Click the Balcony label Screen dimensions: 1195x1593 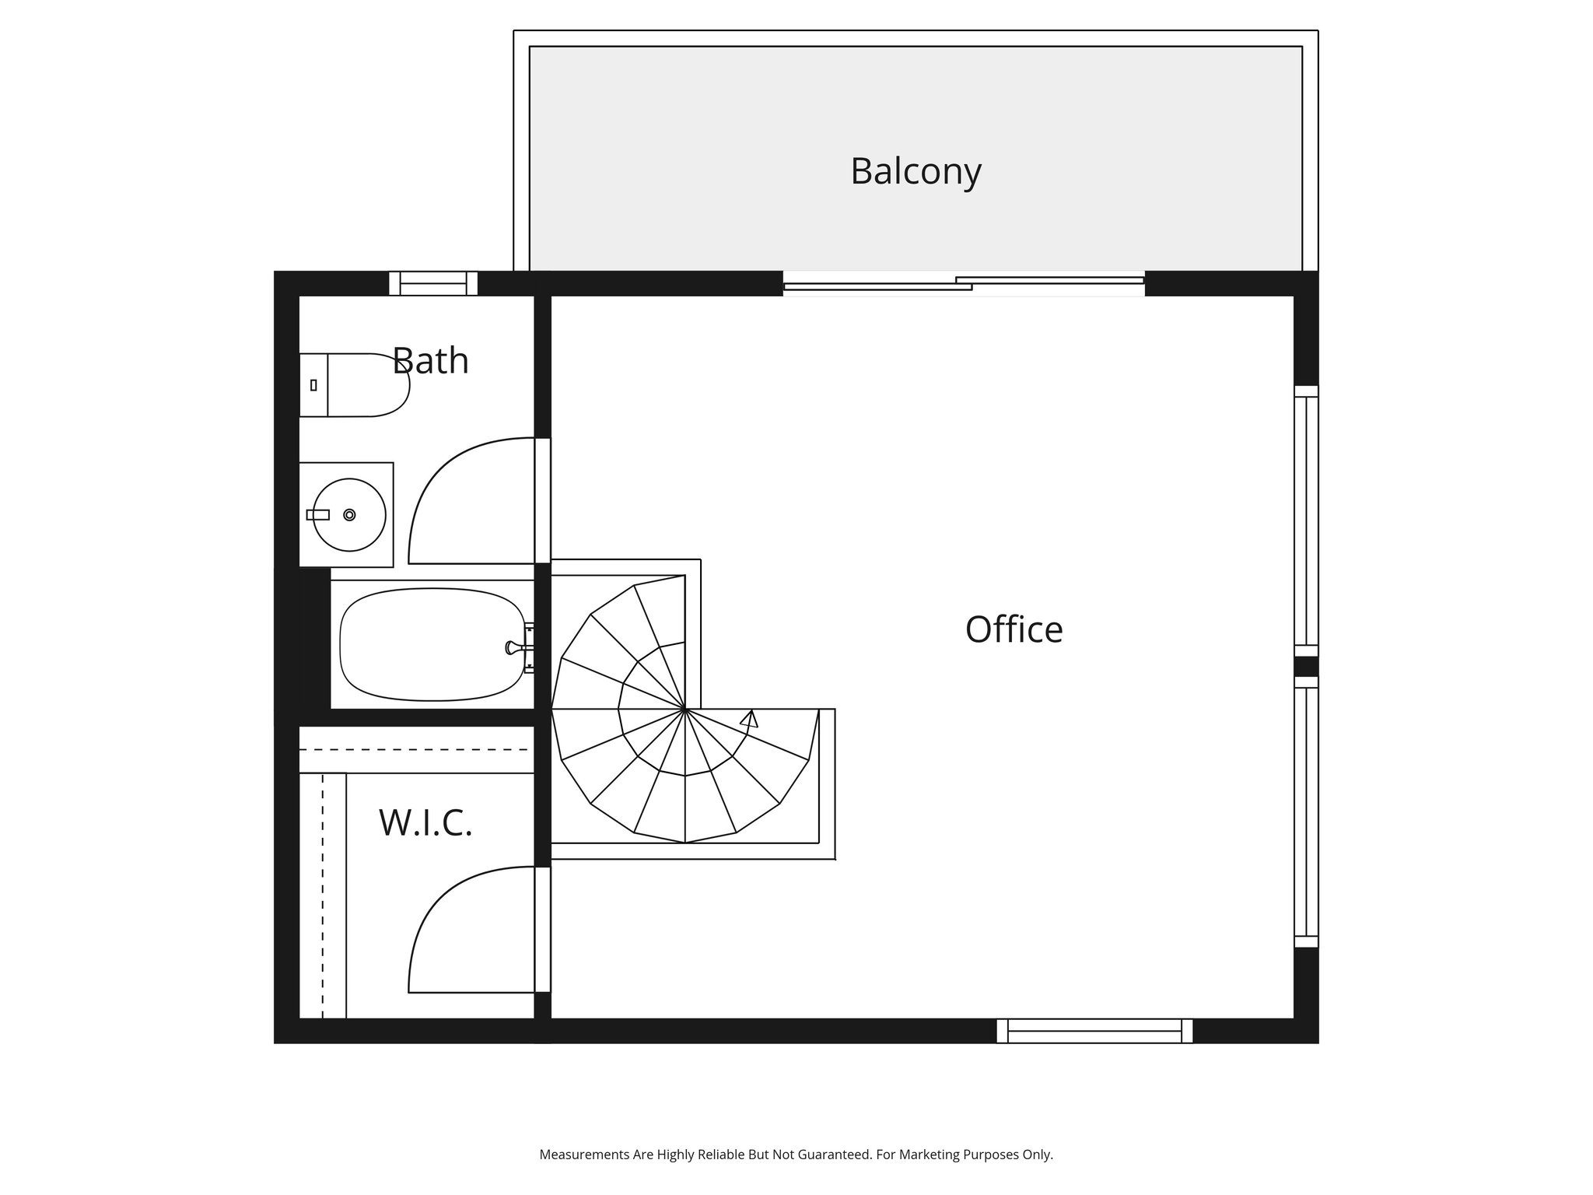click(916, 171)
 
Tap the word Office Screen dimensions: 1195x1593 click(1014, 629)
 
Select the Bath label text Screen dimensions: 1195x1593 click(430, 360)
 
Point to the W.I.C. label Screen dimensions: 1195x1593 click(425, 822)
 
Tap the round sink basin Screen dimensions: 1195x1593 click(349, 514)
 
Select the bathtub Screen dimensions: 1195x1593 click(432, 644)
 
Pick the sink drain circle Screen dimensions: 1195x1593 click(349, 514)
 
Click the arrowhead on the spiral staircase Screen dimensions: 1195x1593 click(749, 719)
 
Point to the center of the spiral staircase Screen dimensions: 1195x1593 click(684, 710)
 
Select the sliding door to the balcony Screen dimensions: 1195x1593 click(964, 283)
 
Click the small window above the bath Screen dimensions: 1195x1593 click(433, 283)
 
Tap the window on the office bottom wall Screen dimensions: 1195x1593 click(1094, 1031)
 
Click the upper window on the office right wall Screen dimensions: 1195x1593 click(1306, 521)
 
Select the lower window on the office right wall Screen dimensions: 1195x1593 click(1306, 811)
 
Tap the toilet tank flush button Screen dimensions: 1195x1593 click(313, 385)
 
